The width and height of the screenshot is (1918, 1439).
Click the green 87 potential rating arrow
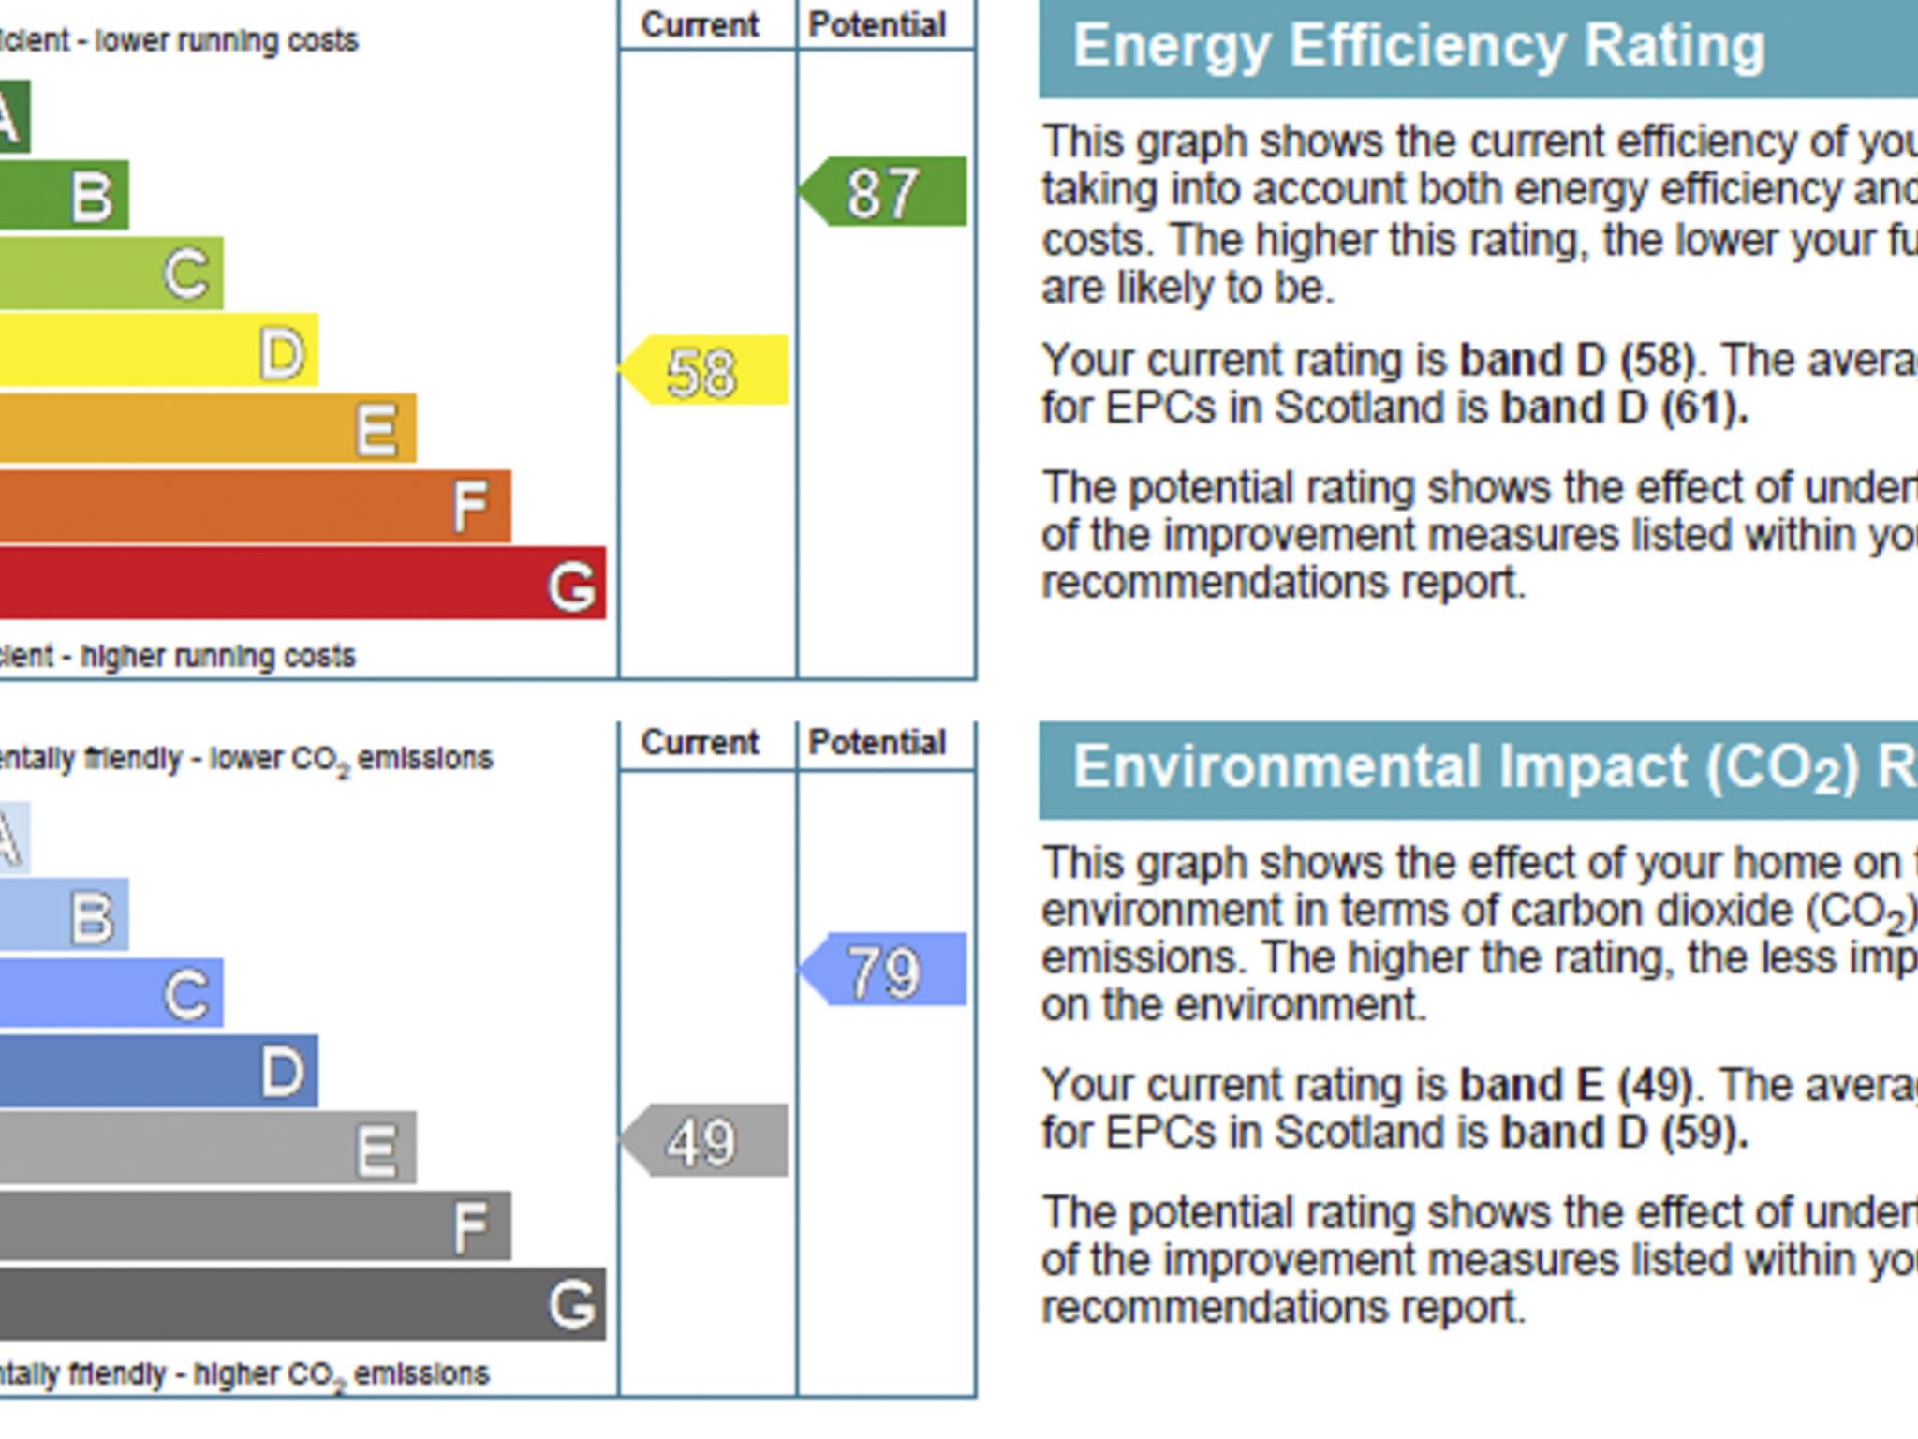pyautogui.click(x=884, y=192)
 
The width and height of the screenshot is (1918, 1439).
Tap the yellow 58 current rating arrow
pyautogui.click(x=704, y=370)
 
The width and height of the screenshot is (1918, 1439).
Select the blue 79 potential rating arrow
pyautogui.click(x=884, y=970)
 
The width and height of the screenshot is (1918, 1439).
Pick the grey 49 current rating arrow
pyautogui.click(x=704, y=1141)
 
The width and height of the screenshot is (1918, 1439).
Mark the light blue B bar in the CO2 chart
pyautogui.click(x=64, y=914)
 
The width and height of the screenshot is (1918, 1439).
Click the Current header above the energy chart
pyautogui.click(x=700, y=25)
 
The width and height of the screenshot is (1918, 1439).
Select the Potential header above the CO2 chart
pyautogui.click(x=878, y=743)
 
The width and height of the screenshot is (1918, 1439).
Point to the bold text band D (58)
pyautogui.click(x=1577, y=360)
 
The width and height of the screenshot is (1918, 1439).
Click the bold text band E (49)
pyautogui.click(x=1575, y=1085)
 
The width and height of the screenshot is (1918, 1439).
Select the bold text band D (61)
pyautogui.click(x=1624, y=408)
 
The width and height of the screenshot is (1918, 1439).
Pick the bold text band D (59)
pyautogui.click(x=1624, y=1133)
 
